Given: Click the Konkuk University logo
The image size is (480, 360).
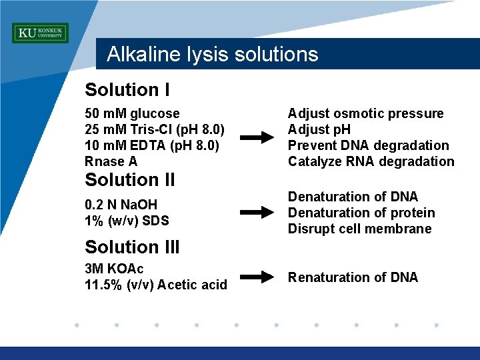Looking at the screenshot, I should (40, 33).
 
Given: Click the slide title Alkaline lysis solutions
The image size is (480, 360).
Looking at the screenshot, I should (212, 54).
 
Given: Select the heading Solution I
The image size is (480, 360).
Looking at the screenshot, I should (127, 90).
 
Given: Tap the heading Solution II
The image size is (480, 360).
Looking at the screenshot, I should (130, 180).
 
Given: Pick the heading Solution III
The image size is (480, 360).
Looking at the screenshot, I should (132, 247).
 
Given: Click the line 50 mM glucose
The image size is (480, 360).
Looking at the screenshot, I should (132, 113).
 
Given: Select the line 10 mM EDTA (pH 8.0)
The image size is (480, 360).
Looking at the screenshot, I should (153, 145).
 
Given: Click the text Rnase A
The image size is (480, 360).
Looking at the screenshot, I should (111, 161).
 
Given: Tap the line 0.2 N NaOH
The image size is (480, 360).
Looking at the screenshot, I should (121, 205).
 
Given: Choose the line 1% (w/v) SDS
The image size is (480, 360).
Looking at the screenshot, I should (127, 221).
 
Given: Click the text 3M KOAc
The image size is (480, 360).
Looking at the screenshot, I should (114, 269).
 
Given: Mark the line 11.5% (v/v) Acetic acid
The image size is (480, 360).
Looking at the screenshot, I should (156, 285).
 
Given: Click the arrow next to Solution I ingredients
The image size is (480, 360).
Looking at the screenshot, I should (257, 138).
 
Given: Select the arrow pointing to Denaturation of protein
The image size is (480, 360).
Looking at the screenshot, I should (257, 213).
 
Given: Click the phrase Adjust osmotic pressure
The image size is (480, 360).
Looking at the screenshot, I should (365, 113).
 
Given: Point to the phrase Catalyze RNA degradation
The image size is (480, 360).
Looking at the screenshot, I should (371, 161).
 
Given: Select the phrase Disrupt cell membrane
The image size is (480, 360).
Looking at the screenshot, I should (359, 229).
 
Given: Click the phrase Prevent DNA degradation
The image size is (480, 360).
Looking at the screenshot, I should (368, 145).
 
